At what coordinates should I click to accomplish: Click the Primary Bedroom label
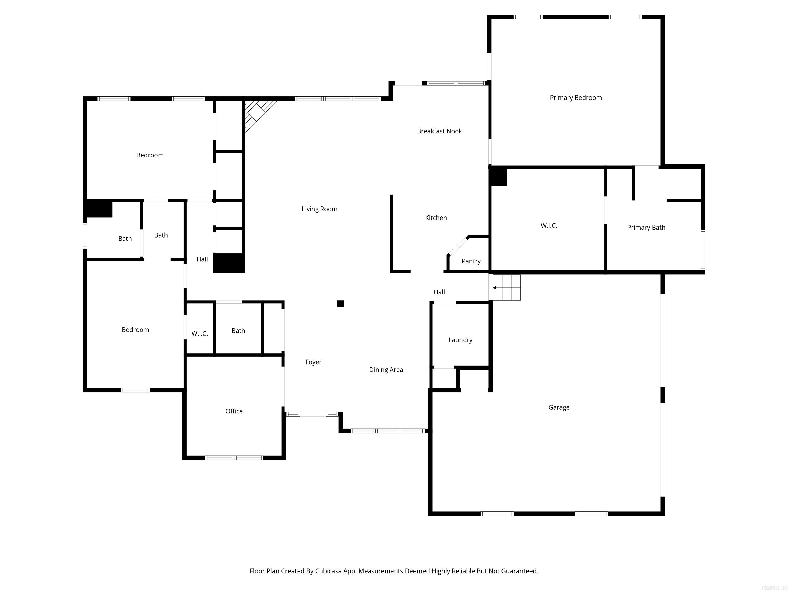coord(575,98)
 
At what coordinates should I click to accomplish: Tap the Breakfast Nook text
coord(439,131)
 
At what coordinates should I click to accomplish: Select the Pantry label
coord(471,261)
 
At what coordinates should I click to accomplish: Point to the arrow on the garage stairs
coord(495,288)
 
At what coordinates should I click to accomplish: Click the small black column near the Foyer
coord(340,303)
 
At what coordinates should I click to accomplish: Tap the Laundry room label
coord(460,340)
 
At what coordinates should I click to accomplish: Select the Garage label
coord(559,407)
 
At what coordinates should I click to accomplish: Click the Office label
coord(234,411)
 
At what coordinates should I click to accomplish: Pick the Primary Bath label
coord(646,227)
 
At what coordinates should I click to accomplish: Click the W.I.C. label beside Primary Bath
coord(549,225)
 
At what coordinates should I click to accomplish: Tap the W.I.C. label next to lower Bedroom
coord(200,333)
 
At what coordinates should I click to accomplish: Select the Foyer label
coord(313,362)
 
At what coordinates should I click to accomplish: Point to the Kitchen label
coord(436,218)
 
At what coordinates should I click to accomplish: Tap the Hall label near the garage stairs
coord(439,292)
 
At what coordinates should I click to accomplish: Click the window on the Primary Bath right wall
coord(703,249)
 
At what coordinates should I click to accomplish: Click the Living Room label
coord(319,209)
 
